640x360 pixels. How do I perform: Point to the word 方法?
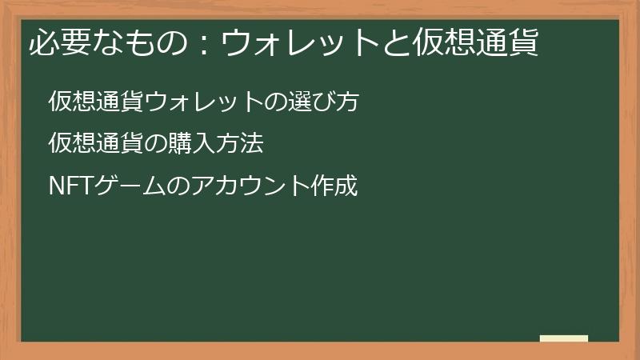(239, 144)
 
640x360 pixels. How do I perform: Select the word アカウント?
(250, 186)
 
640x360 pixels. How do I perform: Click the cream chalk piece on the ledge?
(564, 338)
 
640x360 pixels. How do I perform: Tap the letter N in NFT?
(56, 186)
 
